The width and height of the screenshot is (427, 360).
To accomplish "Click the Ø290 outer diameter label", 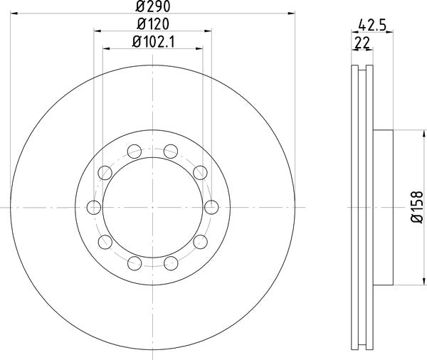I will pos(153,6).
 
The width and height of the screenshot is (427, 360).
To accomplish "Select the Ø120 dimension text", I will pos(153,24).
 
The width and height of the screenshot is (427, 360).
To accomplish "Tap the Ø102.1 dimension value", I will pos(153,42).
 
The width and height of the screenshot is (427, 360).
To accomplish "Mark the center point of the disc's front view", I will pos(153,207).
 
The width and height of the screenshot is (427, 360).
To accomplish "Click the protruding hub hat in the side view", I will pos(383,207).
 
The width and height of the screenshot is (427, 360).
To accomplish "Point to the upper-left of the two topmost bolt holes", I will pos(135,150).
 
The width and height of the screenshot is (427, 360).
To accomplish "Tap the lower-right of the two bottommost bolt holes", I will pos(172,264).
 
